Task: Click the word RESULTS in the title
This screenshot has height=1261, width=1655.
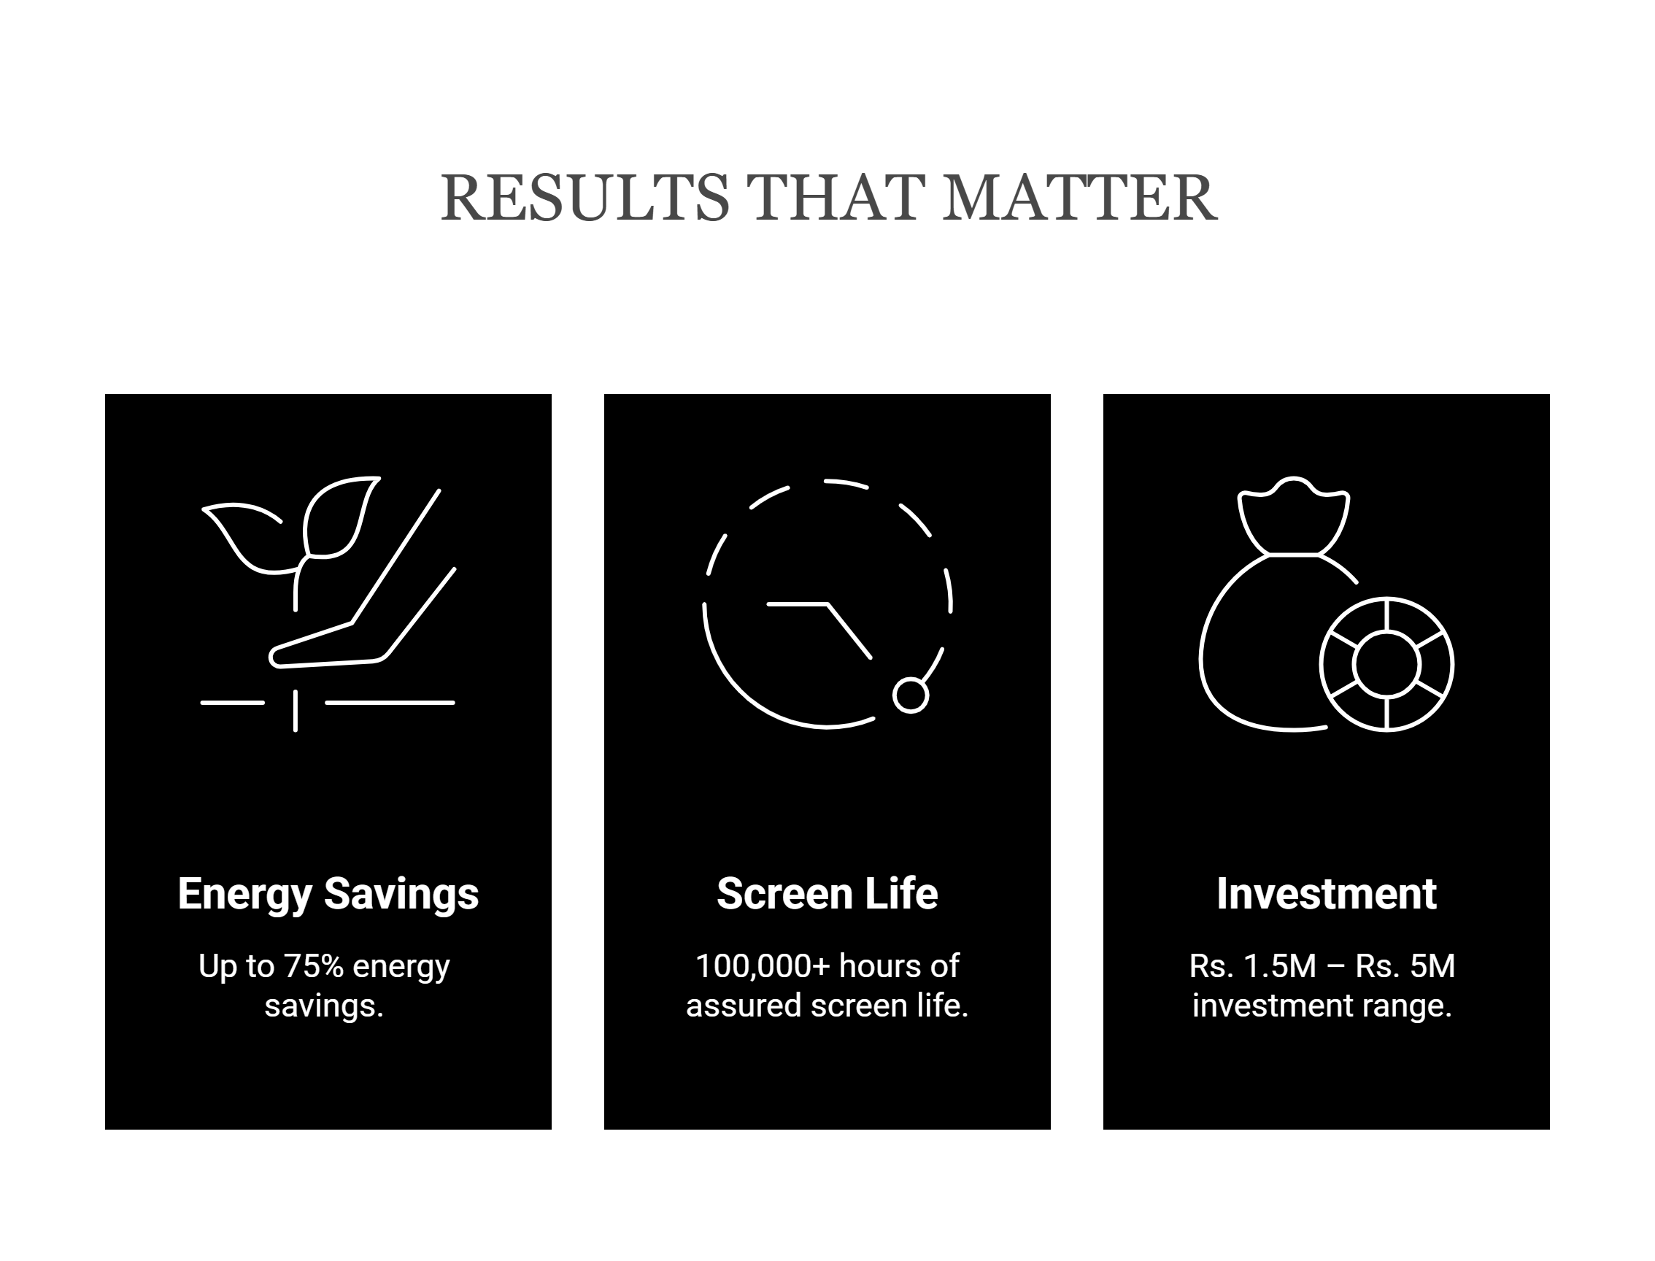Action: click(585, 198)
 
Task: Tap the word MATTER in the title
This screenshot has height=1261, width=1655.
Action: click(1080, 198)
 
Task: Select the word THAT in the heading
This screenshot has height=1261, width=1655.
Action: click(836, 198)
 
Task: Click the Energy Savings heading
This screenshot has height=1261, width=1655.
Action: click(328, 895)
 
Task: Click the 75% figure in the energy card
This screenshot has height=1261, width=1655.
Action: click(313, 966)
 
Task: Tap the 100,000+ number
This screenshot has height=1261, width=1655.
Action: click(763, 967)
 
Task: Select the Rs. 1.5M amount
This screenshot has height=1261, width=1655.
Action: click(1253, 966)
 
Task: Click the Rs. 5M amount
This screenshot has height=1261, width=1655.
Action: click(1405, 966)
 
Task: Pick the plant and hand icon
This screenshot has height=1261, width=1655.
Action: click(328, 603)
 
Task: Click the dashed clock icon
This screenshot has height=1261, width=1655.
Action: click(827, 603)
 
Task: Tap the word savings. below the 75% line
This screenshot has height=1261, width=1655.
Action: click(324, 1006)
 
